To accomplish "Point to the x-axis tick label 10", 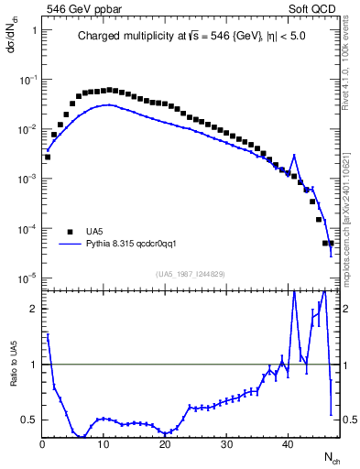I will [x=104, y=443].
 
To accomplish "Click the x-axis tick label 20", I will [x=165, y=443].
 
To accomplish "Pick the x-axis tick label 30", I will [x=226, y=443].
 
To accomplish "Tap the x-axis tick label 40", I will [x=288, y=443].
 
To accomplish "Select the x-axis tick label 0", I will [x=42, y=443].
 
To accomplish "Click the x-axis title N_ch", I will [x=332, y=455].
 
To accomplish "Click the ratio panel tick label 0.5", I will [x=28, y=420].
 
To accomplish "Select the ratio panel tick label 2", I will [x=32, y=308].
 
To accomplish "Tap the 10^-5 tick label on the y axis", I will [x=27, y=277].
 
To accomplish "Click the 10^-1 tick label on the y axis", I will [x=27, y=80].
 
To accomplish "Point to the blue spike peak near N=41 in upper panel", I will [x=294, y=155].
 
